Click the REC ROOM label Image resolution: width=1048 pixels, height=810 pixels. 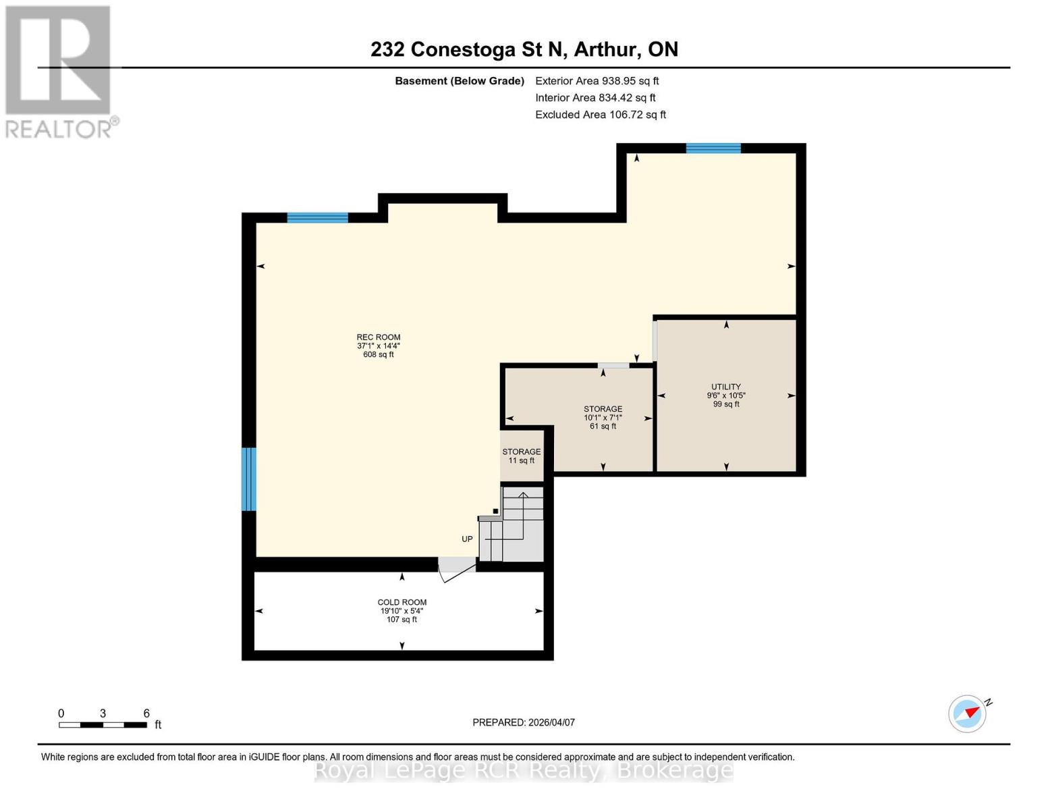(x=379, y=345)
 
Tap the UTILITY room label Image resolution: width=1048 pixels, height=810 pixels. (x=726, y=396)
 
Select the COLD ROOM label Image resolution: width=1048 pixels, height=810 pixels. (x=402, y=611)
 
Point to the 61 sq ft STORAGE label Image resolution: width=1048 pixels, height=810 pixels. (x=603, y=417)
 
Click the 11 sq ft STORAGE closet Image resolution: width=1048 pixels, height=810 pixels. (x=521, y=456)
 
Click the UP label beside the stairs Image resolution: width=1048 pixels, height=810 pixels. (x=467, y=539)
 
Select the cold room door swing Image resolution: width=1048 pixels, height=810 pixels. (x=457, y=570)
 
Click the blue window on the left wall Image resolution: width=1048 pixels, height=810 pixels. (x=248, y=479)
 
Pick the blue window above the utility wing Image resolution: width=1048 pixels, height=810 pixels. (x=713, y=148)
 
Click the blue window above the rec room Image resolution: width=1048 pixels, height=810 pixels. (x=317, y=217)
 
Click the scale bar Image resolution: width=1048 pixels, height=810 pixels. (x=103, y=725)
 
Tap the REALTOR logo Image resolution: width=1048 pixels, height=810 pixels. (x=59, y=71)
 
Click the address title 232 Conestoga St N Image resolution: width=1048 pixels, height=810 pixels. (x=524, y=49)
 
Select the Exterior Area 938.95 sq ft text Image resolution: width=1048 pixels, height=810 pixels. (x=597, y=81)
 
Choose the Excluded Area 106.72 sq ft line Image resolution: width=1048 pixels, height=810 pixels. (x=600, y=115)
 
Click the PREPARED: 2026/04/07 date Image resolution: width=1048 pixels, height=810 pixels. (x=524, y=722)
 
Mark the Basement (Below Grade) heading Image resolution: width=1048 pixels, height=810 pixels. (x=460, y=81)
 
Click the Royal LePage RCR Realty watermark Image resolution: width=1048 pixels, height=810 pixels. (x=524, y=770)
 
